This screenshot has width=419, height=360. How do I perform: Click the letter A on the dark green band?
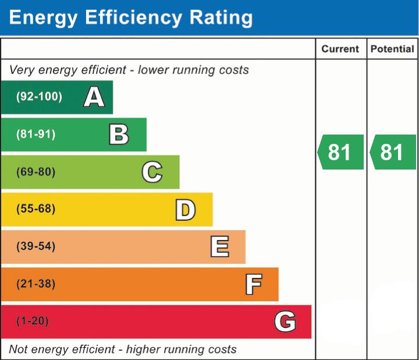pyautogui.click(x=94, y=97)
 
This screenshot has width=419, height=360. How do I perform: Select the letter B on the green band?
pyautogui.click(x=119, y=135)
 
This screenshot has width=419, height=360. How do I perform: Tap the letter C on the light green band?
pyautogui.click(x=152, y=172)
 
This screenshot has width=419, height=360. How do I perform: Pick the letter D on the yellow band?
pyautogui.click(x=185, y=210)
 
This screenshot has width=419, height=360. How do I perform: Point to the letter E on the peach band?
pyautogui.click(x=219, y=247)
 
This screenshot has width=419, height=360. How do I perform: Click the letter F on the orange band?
pyautogui.click(x=253, y=284)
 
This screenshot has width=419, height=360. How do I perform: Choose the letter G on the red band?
pyautogui.click(x=285, y=322)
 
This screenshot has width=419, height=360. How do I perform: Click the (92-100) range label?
pyautogui.click(x=39, y=97)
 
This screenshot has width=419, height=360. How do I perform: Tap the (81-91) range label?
pyautogui.click(x=36, y=135)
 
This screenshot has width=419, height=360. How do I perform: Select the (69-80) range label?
pyautogui.click(x=36, y=172)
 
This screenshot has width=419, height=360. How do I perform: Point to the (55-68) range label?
pyautogui.click(x=36, y=209)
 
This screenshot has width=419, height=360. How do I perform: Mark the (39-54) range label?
pyautogui.click(x=36, y=246)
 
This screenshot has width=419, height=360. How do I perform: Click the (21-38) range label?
pyautogui.click(x=36, y=284)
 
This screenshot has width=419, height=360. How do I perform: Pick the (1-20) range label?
pyautogui.click(x=33, y=322)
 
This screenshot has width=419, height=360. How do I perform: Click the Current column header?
pyautogui.click(x=340, y=50)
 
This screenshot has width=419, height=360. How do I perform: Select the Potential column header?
pyautogui.click(x=392, y=50)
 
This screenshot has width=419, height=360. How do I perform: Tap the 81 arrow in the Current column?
pyautogui.click(x=340, y=152)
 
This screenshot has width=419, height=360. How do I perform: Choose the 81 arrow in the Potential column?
pyautogui.click(x=393, y=152)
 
